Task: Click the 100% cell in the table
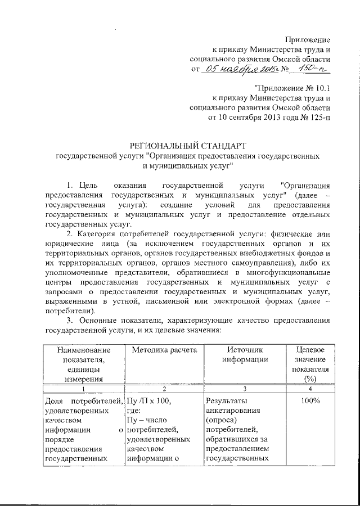[x=309, y=400]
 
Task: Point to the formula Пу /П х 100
[x=148, y=400]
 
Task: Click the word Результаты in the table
[x=226, y=400]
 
